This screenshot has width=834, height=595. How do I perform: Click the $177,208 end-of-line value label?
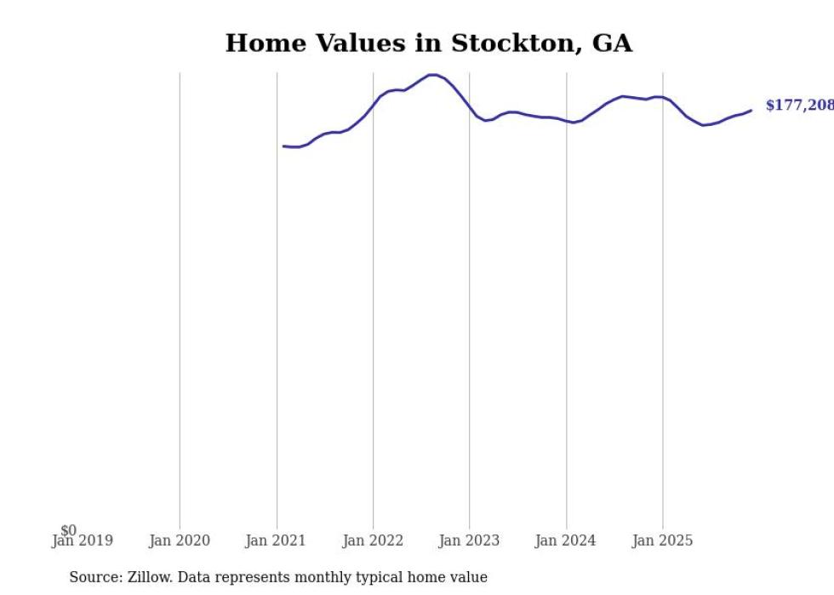pyautogui.click(x=798, y=106)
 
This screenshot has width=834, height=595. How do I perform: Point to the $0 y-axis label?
pyautogui.click(x=68, y=530)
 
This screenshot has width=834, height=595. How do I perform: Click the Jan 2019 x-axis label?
pyautogui.click(x=82, y=541)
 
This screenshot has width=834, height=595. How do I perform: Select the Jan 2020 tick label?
pyautogui.click(x=179, y=541)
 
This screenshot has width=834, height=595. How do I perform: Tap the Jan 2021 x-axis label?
pyautogui.click(x=276, y=541)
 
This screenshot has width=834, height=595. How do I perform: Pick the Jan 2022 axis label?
pyautogui.click(x=373, y=541)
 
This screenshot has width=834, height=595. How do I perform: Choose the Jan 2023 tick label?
pyautogui.click(x=469, y=541)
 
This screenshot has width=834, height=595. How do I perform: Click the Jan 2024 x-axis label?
pyautogui.click(x=566, y=541)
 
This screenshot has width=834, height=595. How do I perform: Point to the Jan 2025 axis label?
pyautogui.click(x=663, y=541)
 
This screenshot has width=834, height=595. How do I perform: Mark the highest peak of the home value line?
pyautogui.click(x=433, y=75)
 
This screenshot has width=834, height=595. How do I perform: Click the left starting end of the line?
pyautogui.click(x=283, y=146)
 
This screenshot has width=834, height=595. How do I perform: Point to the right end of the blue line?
pyautogui.click(x=751, y=110)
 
